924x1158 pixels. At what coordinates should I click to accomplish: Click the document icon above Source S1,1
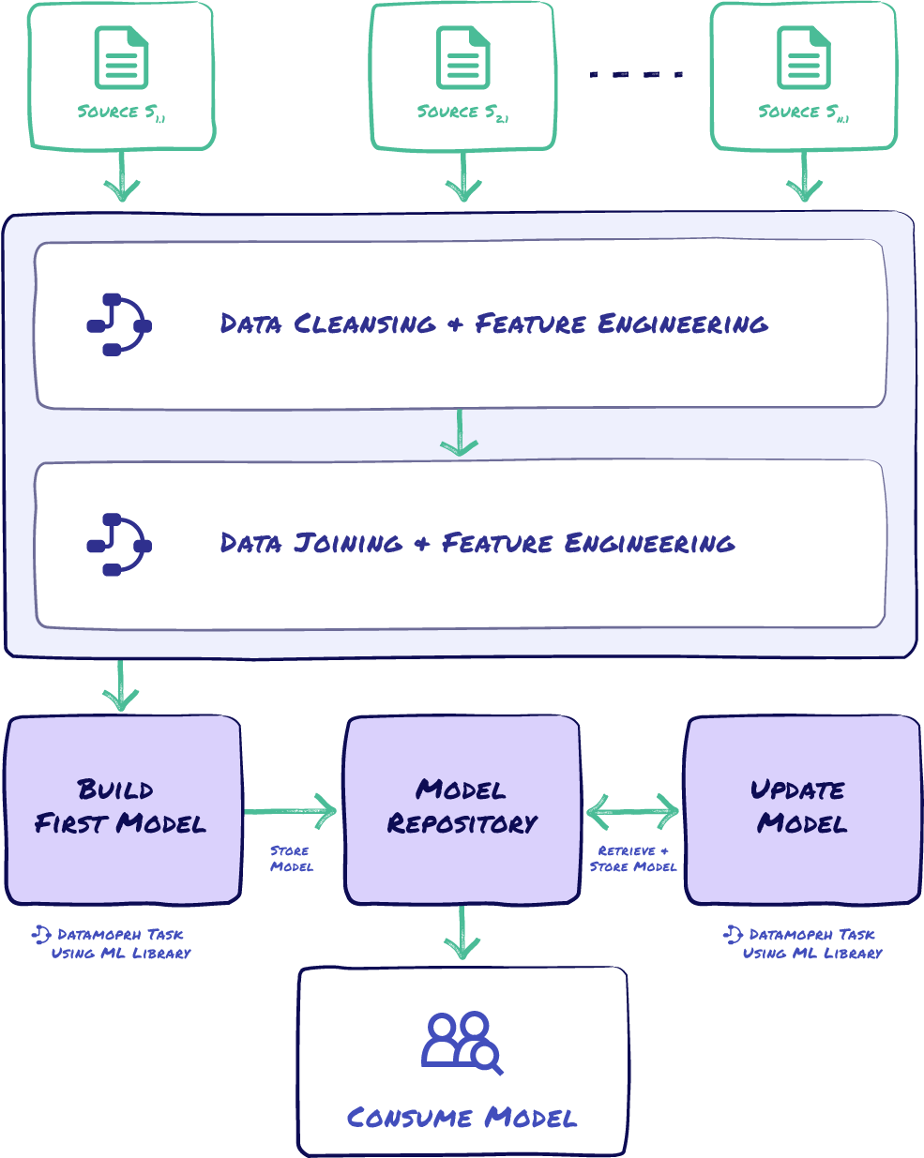[x=121, y=58]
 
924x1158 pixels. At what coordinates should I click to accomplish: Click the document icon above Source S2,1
[x=462, y=58]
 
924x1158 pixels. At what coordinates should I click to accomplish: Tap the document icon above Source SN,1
[x=803, y=58]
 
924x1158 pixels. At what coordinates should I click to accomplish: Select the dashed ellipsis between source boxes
[x=636, y=74]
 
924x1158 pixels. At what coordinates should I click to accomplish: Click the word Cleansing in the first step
[x=365, y=324]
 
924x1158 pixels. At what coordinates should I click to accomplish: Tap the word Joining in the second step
[x=348, y=544]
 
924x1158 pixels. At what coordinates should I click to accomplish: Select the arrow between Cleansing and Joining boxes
[x=460, y=434]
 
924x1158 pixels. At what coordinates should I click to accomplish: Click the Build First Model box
[x=123, y=809]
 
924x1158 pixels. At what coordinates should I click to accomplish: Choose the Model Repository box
[x=462, y=809]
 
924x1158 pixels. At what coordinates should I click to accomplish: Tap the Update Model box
[x=802, y=809]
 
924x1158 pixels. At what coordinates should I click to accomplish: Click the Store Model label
[x=291, y=859]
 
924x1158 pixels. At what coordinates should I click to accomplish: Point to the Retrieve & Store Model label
[x=633, y=859]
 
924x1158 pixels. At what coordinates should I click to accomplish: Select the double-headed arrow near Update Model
[x=633, y=811]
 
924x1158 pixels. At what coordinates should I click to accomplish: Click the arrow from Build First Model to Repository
[x=292, y=811]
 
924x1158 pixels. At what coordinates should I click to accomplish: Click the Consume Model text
[x=462, y=1118]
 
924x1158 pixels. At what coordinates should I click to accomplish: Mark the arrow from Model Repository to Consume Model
[x=462, y=934]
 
